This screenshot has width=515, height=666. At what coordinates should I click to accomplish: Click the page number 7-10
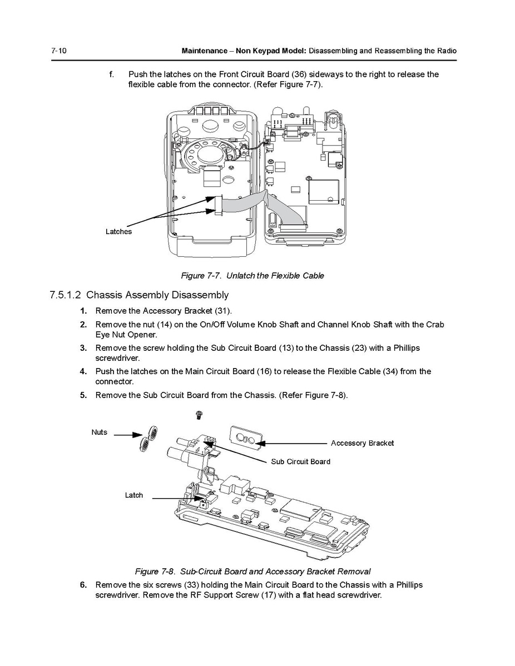(59, 51)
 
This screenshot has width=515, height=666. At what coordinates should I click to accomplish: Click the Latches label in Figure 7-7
(118, 231)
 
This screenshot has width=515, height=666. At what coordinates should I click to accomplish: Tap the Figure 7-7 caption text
(252, 276)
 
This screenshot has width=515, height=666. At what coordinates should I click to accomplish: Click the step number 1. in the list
(83, 311)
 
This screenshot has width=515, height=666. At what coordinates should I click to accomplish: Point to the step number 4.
(83, 371)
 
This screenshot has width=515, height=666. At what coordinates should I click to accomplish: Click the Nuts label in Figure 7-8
(100, 432)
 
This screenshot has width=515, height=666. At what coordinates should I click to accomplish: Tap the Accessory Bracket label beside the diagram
(362, 443)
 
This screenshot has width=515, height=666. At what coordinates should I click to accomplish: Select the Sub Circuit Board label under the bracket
(300, 461)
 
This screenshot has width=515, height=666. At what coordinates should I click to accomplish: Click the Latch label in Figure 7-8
(133, 495)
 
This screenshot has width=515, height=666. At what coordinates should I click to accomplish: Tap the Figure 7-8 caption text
(252, 571)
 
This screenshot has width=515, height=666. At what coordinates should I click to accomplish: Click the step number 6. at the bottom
(83, 585)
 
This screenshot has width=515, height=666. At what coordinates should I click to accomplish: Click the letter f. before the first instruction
(112, 74)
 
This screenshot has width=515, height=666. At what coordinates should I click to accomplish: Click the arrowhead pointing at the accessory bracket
(263, 443)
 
